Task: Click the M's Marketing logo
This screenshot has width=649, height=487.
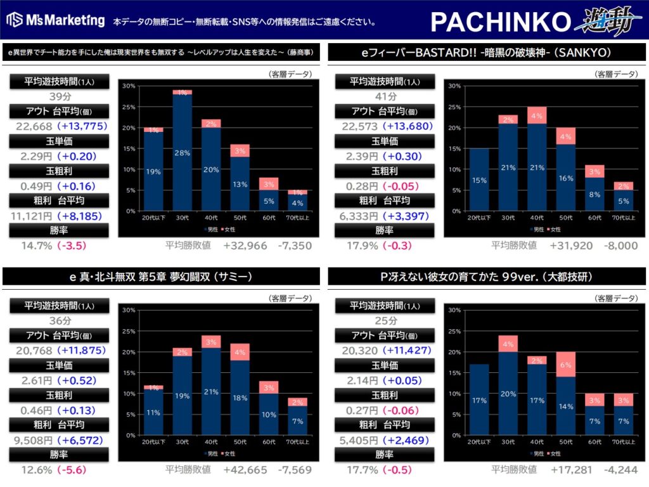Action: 55,20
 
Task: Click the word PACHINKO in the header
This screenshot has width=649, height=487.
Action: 501,22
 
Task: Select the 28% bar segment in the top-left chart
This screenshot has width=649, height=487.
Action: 183,152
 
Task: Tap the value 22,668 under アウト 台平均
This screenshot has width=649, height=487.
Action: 32,126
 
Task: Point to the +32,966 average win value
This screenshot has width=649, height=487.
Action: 245,245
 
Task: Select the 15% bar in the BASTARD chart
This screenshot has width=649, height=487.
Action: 479,179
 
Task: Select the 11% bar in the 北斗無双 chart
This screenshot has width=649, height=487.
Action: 153,412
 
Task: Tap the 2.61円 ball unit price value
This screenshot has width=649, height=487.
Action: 32,380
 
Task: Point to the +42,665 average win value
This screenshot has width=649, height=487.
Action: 245,470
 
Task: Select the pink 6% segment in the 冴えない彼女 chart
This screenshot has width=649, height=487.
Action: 565,364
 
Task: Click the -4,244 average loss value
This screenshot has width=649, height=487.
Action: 621,470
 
